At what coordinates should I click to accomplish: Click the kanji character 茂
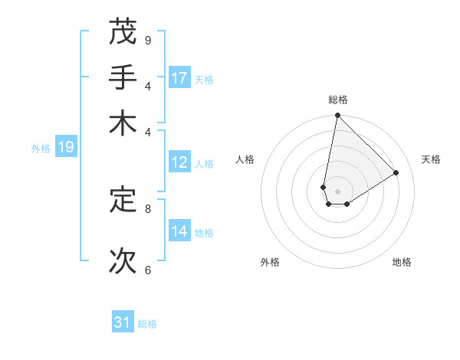[x=123, y=31]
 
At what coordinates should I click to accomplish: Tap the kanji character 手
[x=123, y=77]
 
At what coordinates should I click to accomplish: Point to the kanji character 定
[x=123, y=200]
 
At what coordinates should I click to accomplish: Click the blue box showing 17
[x=179, y=78]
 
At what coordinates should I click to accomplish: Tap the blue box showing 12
[x=179, y=162]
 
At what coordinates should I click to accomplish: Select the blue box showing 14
[x=179, y=231]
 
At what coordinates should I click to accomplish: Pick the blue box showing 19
[x=65, y=147]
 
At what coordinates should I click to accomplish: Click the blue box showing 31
[x=123, y=322]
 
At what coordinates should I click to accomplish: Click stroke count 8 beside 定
[x=148, y=208]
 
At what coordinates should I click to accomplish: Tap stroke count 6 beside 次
[x=148, y=270]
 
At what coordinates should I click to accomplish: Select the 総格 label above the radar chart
[x=337, y=100]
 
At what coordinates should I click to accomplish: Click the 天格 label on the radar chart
[x=431, y=159]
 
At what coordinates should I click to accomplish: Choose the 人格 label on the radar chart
[x=245, y=159]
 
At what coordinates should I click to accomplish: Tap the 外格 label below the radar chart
[x=270, y=262]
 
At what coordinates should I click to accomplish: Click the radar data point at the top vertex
[x=337, y=116]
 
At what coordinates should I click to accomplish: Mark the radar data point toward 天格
[x=396, y=173]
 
